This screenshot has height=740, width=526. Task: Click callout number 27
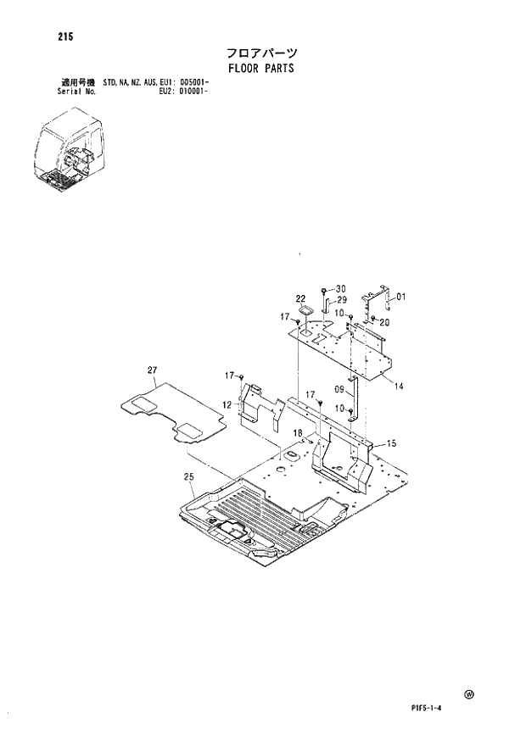(x=152, y=370)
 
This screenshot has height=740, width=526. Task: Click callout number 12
(x=227, y=405)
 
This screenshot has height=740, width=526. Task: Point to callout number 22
(x=300, y=298)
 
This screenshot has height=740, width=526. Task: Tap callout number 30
(x=341, y=288)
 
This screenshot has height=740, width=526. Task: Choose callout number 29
(x=342, y=300)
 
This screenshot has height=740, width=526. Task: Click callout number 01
(x=401, y=297)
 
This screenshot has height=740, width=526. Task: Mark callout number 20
(x=384, y=322)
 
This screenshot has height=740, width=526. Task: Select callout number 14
(x=398, y=386)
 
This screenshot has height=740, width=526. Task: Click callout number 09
(x=339, y=391)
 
